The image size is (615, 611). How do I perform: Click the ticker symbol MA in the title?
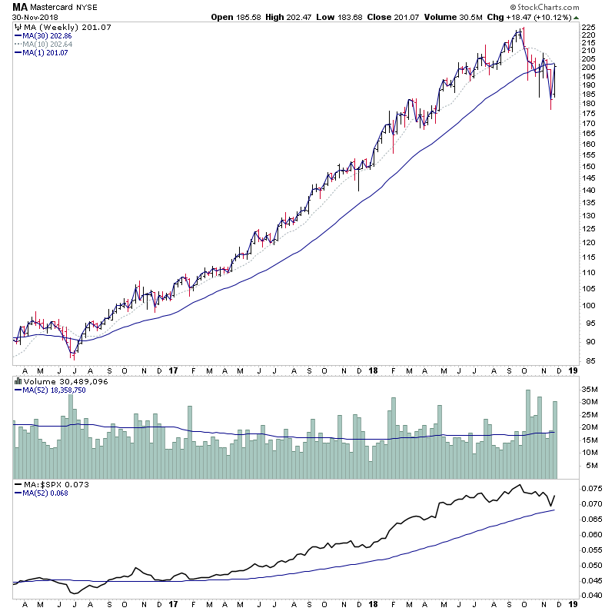tap(20, 7)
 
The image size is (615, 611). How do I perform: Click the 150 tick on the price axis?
tap(587, 166)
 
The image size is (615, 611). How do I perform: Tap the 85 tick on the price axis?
tap(587, 361)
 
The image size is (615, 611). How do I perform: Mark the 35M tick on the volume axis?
tap(589, 389)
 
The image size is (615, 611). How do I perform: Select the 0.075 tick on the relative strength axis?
tap(590, 488)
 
